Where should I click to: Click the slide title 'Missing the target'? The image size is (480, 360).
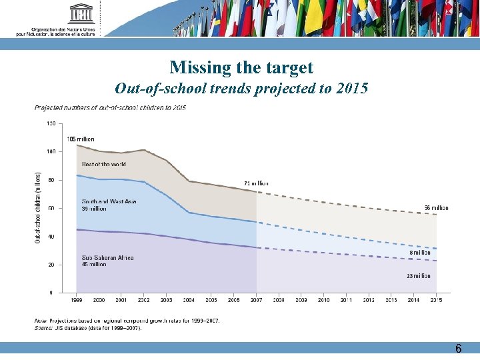pyautogui.click(x=241, y=67)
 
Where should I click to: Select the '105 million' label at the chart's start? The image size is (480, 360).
pyautogui.click(x=80, y=139)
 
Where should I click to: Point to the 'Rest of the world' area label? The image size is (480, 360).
pyautogui.click(x=103, y=164)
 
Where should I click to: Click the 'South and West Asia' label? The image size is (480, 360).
pyautogui.click(x=109, y=201)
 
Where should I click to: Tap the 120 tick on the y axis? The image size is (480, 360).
pyautogui.click(x=51, y=123)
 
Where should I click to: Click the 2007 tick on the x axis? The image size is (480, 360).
pyautogui.click(x=256, y=301)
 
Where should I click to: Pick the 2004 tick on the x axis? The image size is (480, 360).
pyautogui.click(x=188, y=301)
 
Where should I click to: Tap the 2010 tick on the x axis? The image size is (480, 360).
pyautogui.click(x=323, y=301)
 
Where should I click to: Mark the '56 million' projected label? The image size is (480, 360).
pyautogui.click(x=437, y=207)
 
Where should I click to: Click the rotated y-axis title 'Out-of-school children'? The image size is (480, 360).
pyautogui.click(x=37, y=207)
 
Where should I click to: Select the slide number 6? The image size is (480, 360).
pyautogui.click(x=458, y=349)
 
